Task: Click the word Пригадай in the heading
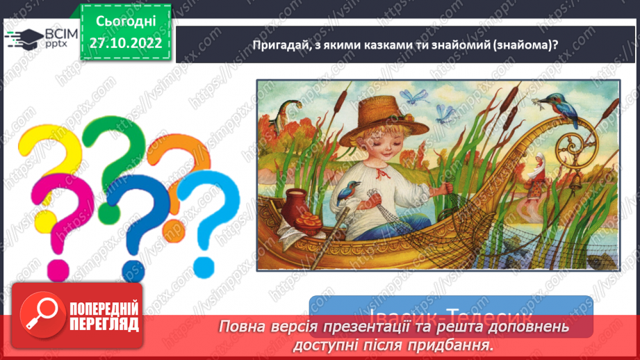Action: coord(277,45)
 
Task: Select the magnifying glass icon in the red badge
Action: coord(38,313)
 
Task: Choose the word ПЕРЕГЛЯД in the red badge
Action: coord(104,324)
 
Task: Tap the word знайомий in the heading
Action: coord(443,45)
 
